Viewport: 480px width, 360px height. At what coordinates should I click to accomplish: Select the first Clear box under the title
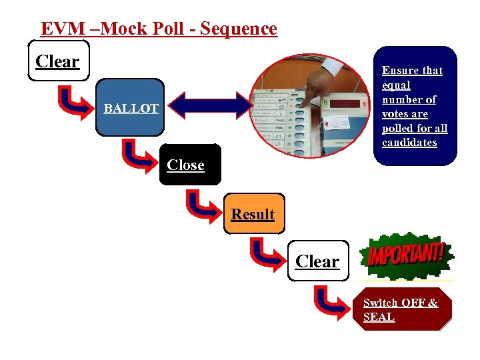point(58,61)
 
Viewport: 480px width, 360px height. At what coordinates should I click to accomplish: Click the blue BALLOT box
point(131,108)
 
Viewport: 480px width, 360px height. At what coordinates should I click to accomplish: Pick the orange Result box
point(253,214)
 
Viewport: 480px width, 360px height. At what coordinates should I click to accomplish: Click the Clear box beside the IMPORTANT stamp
point(317,261)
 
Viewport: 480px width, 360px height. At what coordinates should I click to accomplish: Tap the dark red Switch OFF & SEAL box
point(401,310)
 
